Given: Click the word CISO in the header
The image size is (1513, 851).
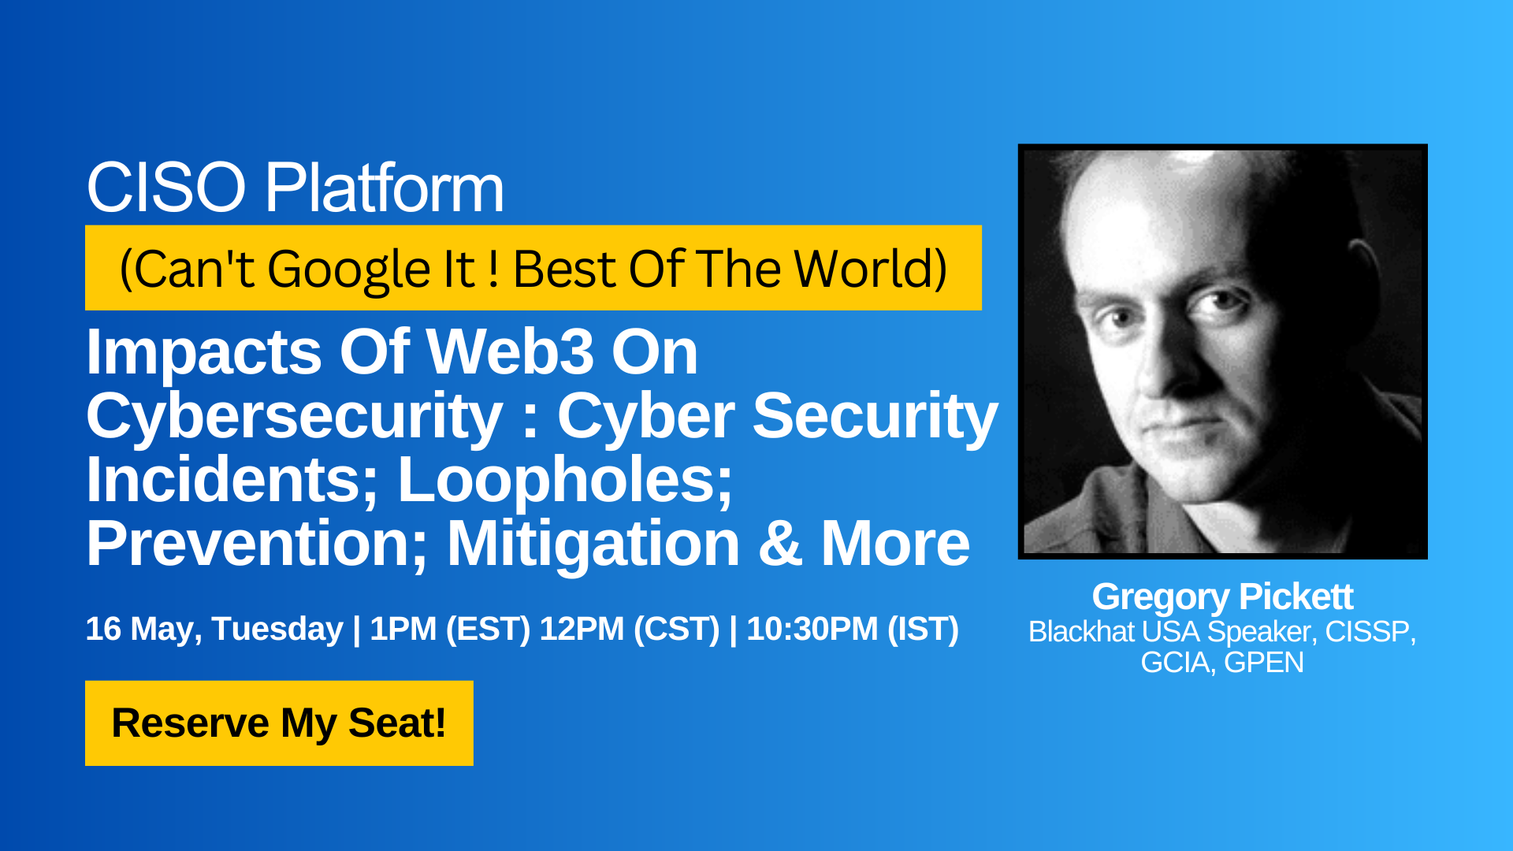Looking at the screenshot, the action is [x=166, y=188].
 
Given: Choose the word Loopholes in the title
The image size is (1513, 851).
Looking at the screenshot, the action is [x=565, y=481].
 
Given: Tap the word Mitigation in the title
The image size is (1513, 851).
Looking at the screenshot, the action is [x=593, y=544].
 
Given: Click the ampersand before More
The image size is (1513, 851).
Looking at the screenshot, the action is [x=780, y=544].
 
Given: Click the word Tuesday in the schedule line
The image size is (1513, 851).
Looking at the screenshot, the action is [x=277, y=630].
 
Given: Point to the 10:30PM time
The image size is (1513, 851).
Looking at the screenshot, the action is [x=812, y=630].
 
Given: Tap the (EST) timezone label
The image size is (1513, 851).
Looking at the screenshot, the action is [x=488, y=630].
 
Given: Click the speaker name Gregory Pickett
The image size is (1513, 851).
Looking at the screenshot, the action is [x=1222, y=597].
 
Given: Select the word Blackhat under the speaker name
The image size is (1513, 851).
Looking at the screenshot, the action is [x=1081, y=632].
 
